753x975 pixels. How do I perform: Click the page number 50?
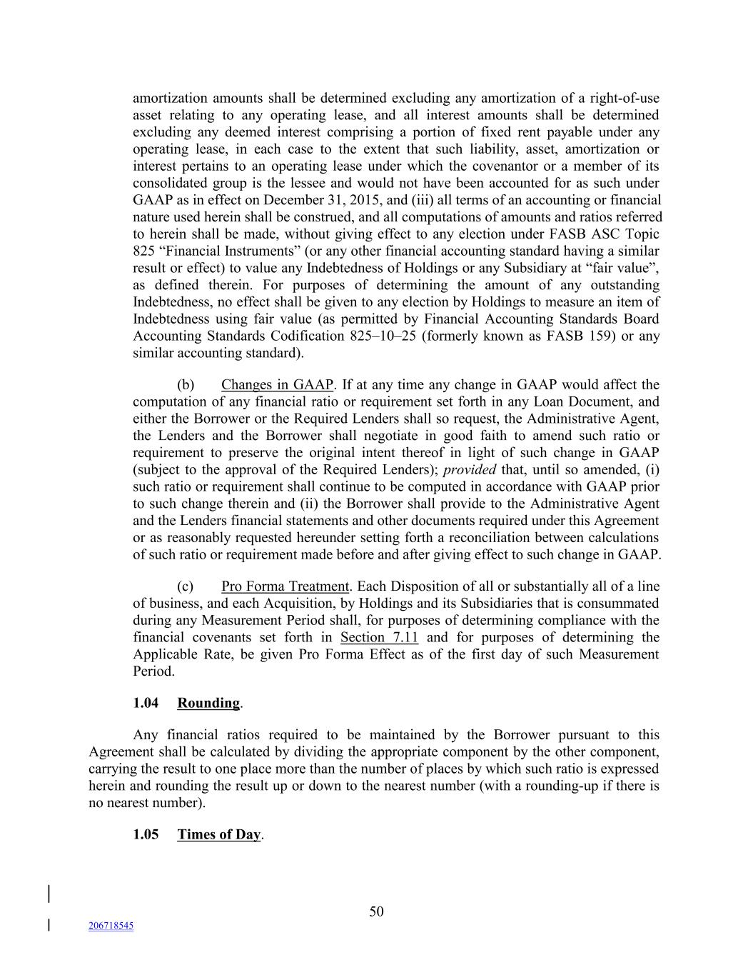pos(376,911)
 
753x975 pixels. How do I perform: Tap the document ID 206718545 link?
pos(111,926)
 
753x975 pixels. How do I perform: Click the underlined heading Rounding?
pos(208,703)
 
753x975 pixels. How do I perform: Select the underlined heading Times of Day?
pos(218,834)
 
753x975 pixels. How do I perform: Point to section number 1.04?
pos(146,703)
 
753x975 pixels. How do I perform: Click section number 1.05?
pos(146,834)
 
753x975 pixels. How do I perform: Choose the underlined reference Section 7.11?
pos(379,637)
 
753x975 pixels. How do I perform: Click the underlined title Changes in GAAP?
pos(277,385)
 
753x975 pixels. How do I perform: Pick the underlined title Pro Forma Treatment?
pos(285,586)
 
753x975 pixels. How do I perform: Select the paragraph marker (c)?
pos(185,586)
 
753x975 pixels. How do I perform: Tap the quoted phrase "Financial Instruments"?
pos(217,251)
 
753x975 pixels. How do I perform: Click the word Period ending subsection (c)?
pos(153,671)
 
